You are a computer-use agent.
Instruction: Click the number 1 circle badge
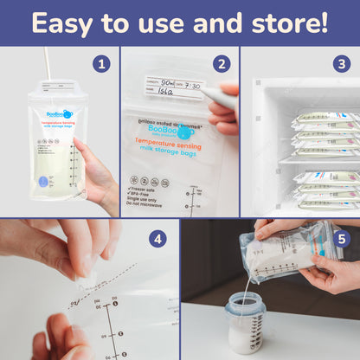[x=101, y=64]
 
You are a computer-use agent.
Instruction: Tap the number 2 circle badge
[x=221, y=64]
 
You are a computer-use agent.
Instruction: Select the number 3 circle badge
[x=341, y=64]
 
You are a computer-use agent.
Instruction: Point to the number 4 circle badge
[x=157, y=238]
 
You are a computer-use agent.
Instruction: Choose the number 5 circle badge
[x=340, y=238]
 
